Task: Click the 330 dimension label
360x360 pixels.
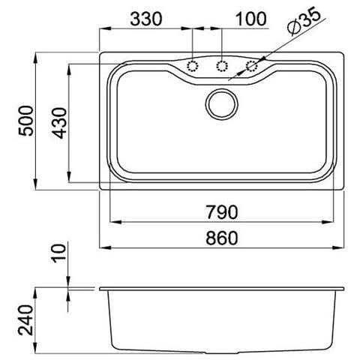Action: (x=146, y=19)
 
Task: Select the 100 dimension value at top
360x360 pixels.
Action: (x=251, y=19)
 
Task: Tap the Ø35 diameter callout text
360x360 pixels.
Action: (x=304, y=20)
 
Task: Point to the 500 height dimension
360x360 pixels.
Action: (x=26, y=121)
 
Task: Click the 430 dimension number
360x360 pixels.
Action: (x=60, y=123)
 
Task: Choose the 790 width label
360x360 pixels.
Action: (x=222, y=212)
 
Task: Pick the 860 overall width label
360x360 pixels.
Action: (x=222, y=238)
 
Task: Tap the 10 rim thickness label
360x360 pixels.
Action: (x=59, y=253)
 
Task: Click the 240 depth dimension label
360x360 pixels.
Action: (x=25, y=319)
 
